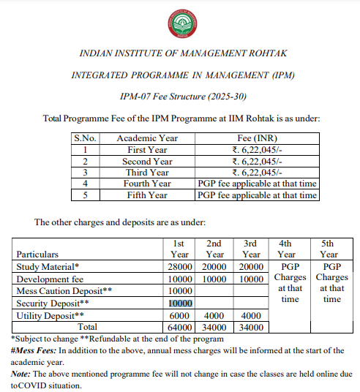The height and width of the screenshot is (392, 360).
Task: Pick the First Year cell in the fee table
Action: [147, 150]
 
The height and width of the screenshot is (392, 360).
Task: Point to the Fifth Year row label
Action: [147, 195]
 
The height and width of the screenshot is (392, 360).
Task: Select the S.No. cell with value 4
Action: [85, 184]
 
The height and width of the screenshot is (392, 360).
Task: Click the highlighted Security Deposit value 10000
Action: [179, 304]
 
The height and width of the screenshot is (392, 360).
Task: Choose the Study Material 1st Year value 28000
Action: [179, 267]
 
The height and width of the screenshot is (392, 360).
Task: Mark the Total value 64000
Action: [179, 327]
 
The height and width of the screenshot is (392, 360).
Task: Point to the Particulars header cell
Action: [38, 255]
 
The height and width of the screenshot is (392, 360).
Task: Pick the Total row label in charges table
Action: [88, 327]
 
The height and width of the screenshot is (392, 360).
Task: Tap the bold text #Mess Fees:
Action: [34, 350]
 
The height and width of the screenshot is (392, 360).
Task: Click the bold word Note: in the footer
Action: [22, 372]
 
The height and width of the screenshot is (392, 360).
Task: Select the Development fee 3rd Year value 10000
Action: [251, 279]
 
